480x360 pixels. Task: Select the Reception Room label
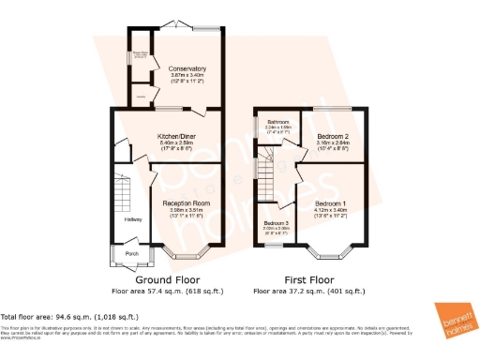pos(185,202)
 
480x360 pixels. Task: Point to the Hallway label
pos(132,219)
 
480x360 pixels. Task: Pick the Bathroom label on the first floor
pos(277,122)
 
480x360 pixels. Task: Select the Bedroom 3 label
pos(277,222)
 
